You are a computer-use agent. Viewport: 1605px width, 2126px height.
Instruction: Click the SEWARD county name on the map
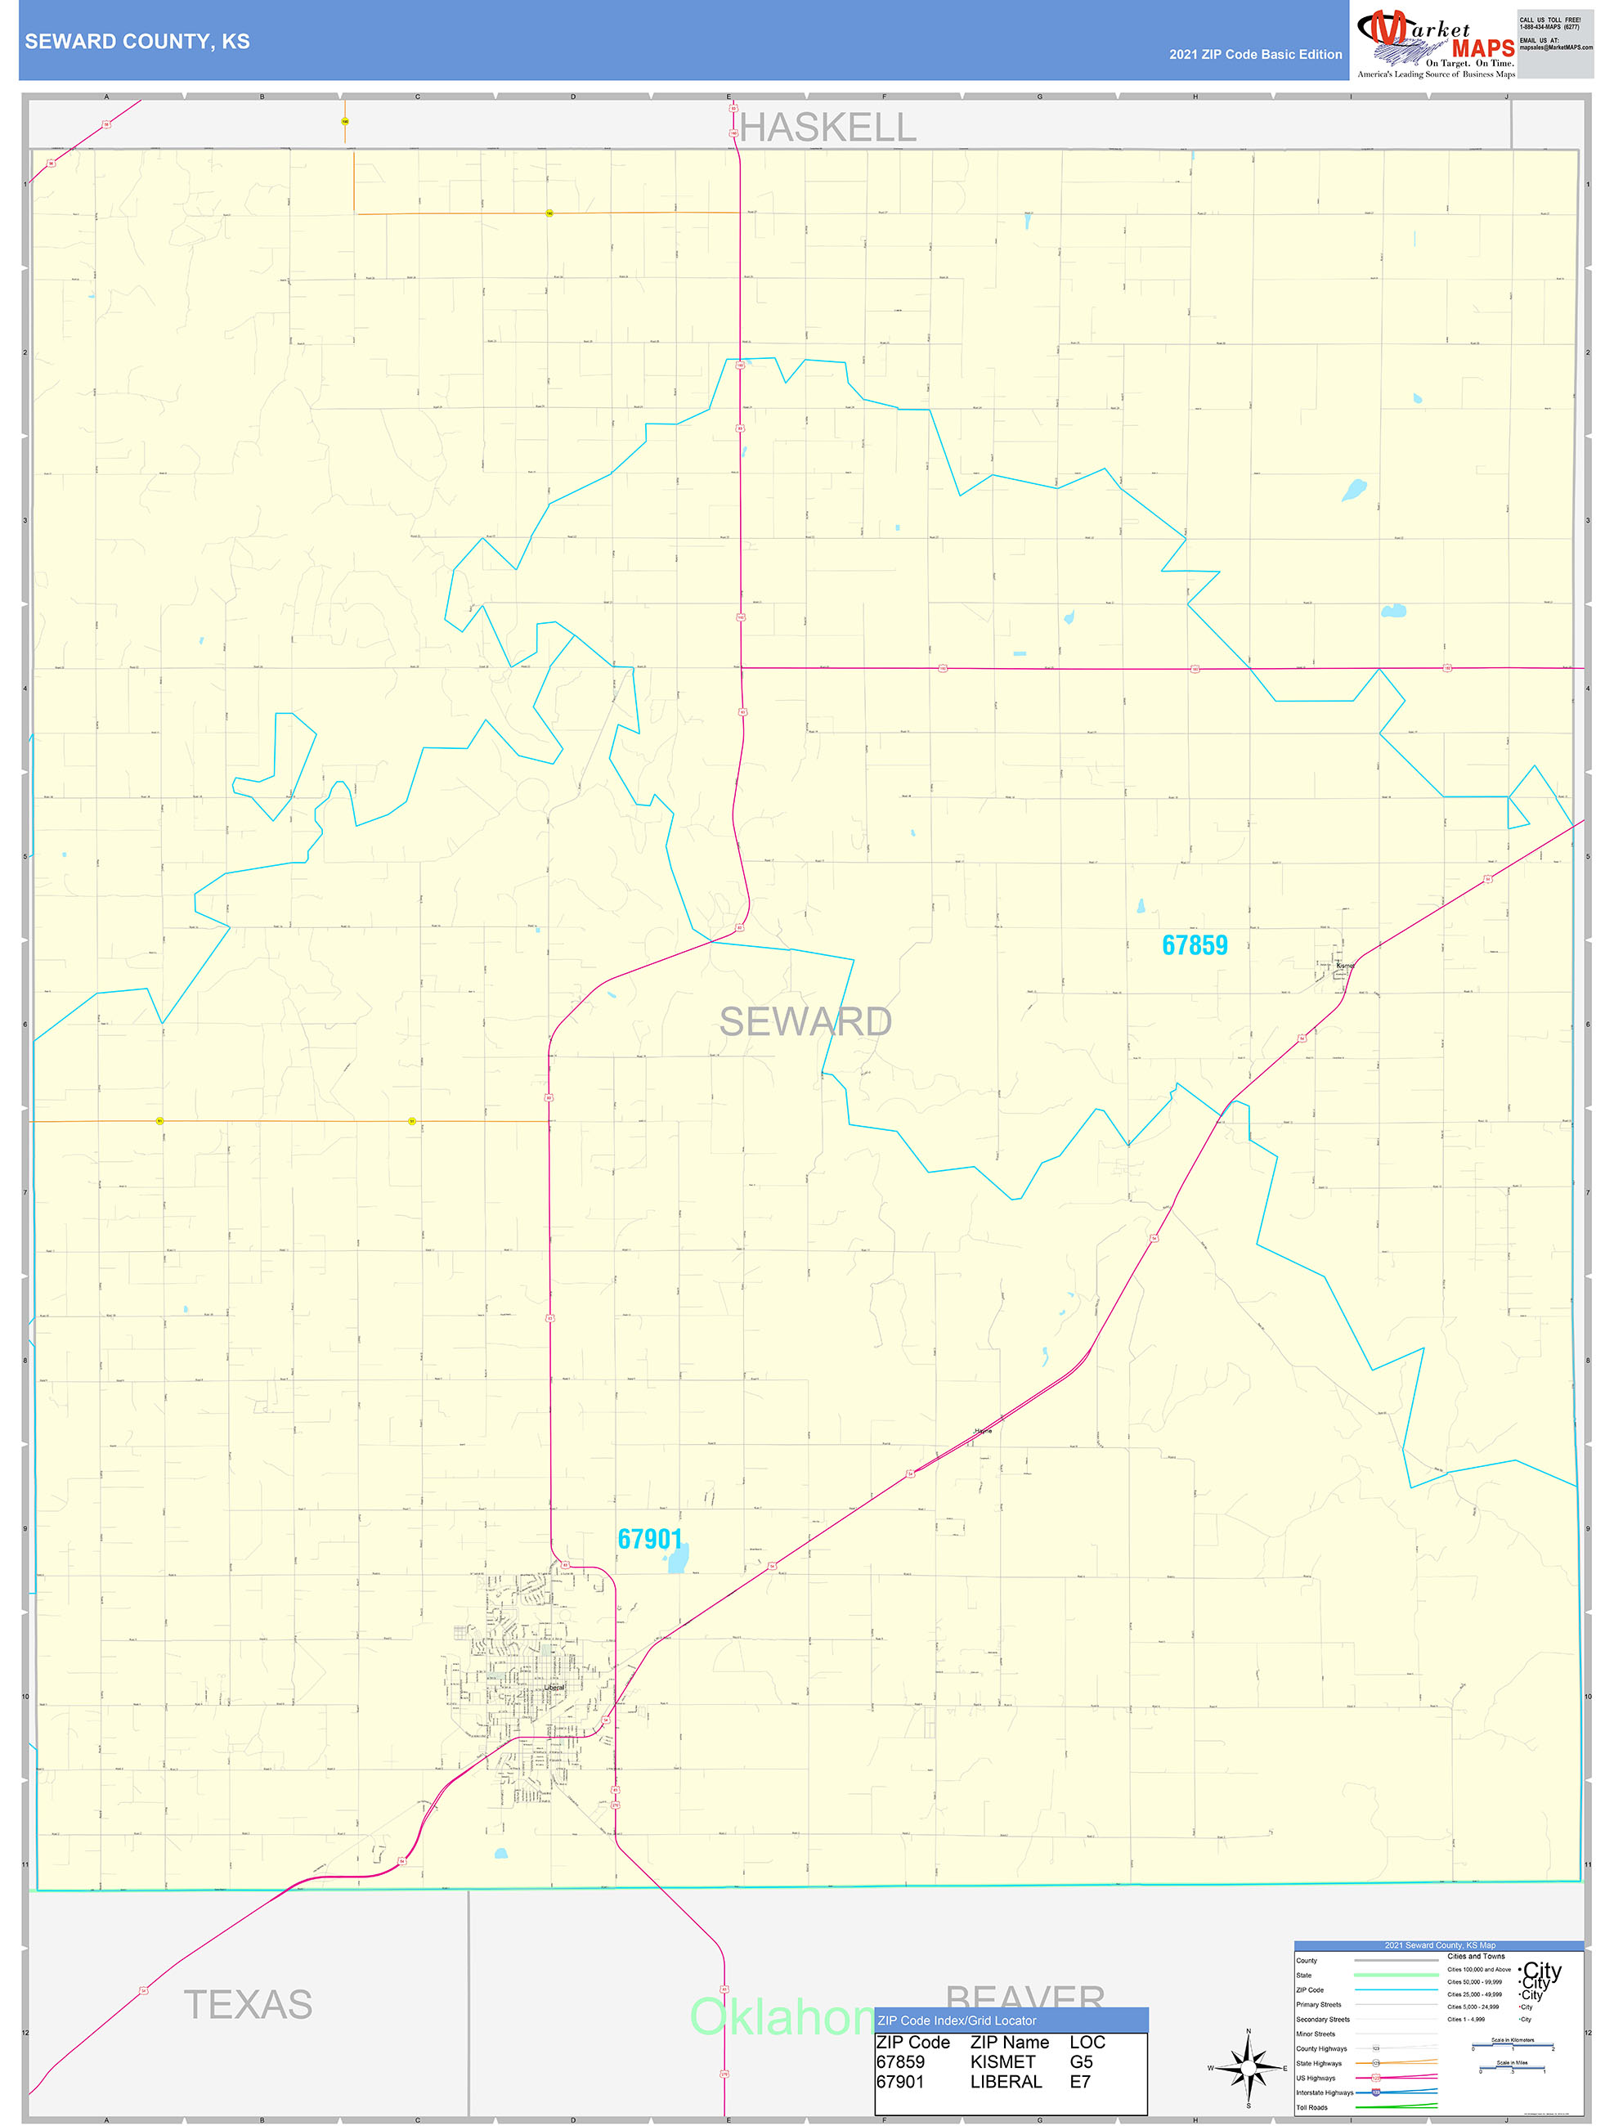click(x=805, y=1021)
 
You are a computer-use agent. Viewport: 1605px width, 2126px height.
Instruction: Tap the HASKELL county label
click(x=827, y=128)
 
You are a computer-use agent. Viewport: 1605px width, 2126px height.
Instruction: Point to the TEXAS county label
click(x=248, y=2005)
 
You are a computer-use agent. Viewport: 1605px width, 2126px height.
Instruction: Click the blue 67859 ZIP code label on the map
click(x=1195, y=946)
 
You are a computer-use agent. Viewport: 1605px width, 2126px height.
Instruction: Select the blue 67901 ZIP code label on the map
click(x=650, y=1540)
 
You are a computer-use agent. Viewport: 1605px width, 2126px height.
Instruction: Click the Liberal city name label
click(x=554, y=1688)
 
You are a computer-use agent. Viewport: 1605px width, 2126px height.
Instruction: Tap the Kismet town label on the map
click(x=1344, y=965)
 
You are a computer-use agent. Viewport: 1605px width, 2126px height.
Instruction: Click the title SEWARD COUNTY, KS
click(x=137, y=42)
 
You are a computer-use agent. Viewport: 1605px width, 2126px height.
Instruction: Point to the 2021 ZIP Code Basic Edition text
click(x=1255, y=55)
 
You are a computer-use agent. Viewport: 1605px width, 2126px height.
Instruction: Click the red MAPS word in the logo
click(x=1483, y=48)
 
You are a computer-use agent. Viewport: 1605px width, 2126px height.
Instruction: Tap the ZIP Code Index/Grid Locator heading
click(x=957, y=2021)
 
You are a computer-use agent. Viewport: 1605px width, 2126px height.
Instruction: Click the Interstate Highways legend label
click(x=1325, y=2092)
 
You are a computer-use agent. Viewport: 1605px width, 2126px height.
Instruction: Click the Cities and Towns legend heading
click(x=1476, y=1956)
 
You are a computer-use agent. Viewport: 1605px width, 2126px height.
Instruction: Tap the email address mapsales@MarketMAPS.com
click(x=1556, y=47)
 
